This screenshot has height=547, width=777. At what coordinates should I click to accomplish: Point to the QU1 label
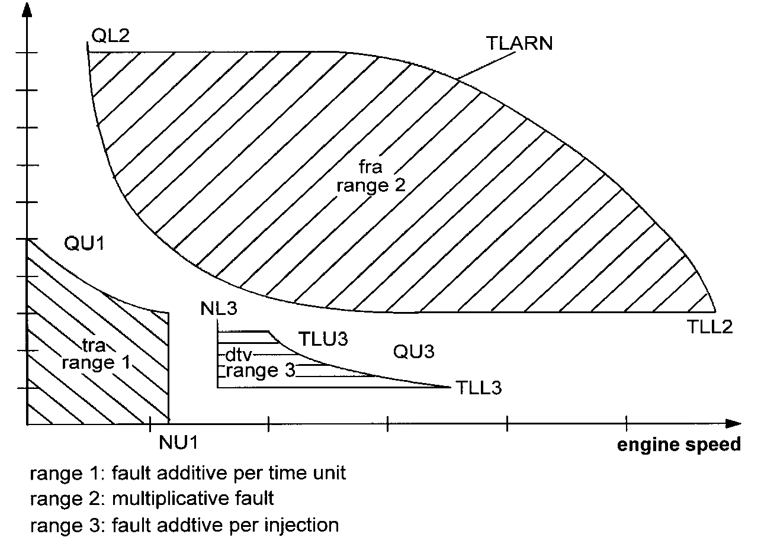[x=84, y=244]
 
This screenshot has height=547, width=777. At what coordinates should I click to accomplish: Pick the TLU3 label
[x=323, y=340]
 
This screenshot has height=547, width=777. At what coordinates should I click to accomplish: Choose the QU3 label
[x=414, y=352]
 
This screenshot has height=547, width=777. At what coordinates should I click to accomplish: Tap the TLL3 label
[x=480, y=388]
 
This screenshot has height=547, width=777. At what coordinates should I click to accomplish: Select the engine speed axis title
[x=679, y=445]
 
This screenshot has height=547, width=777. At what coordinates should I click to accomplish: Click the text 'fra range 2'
[x=371, y=176]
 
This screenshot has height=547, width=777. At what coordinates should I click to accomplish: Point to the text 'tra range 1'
[x=95, y=353]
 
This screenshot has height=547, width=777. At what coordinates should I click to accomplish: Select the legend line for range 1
[x=188, y=474]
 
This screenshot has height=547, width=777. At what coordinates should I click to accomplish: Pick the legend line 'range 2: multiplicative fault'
[x=152, y=499]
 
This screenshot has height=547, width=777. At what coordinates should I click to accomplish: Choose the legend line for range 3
[x=184, y=525]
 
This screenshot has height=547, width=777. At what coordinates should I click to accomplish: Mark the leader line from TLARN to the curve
[x=478, y=67]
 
